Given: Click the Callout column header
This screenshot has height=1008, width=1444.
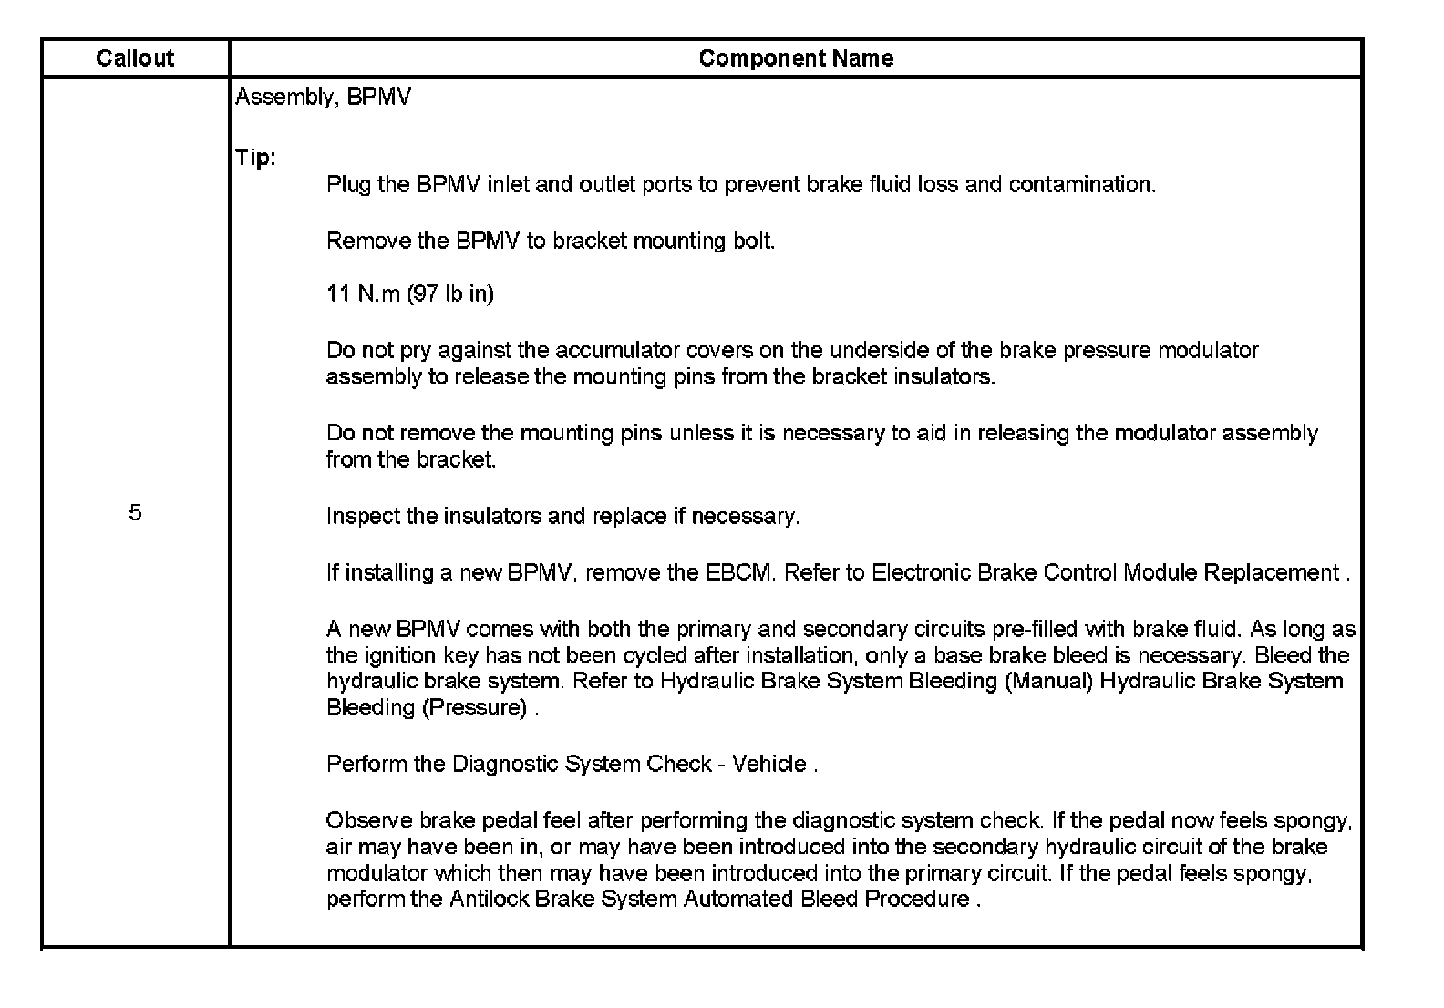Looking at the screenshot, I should coord(135,58).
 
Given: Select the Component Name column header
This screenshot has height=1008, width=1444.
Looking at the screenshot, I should coord(795,58).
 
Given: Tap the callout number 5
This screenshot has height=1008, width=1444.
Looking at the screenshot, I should coord(135,513).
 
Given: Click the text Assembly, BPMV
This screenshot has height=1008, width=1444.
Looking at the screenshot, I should coord(323,98).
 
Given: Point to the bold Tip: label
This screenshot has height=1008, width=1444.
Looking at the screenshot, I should coord(255,158).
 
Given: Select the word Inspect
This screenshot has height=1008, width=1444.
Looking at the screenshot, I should coord(363,517).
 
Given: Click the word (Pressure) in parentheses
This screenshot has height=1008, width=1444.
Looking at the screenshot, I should coord(474,708).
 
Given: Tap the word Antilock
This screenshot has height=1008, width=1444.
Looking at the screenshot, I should coord(489,900).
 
